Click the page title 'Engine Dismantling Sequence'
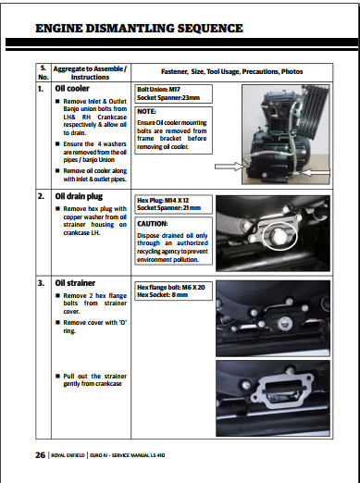click(139, 29)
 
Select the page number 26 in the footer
click(40, 455)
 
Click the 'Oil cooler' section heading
click(72, 89)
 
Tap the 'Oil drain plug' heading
click(79, 196)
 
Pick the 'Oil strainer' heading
click(75, 283)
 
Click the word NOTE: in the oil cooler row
click(146, 111)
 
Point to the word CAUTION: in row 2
click(153, 224)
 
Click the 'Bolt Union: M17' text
click(158, 90)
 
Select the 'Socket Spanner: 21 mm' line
click(169, 208)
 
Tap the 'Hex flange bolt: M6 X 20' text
click(171, 288)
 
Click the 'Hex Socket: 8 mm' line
click(163, 295)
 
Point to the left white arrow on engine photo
click(229, 167)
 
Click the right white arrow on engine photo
click(315, 172)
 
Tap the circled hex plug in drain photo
click(279, 237)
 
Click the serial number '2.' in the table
click(41, 196)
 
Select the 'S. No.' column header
click(43, 73)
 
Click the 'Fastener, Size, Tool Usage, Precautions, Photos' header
click(232, 72)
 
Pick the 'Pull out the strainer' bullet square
click(57, 376)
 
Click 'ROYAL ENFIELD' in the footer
click(68, 455)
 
